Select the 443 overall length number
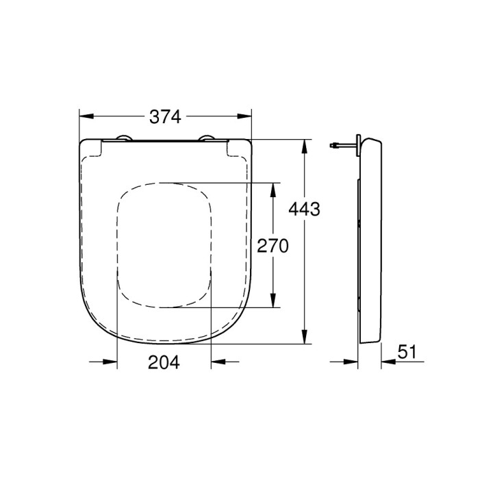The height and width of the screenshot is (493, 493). [305, 209]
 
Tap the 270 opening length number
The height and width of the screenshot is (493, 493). [273, 246]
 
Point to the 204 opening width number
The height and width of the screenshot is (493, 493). [164, 364]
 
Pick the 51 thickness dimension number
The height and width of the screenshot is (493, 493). [407, 352]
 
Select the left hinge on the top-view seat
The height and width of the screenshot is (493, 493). [124, 139]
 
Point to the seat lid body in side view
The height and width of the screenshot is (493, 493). [371, 240]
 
